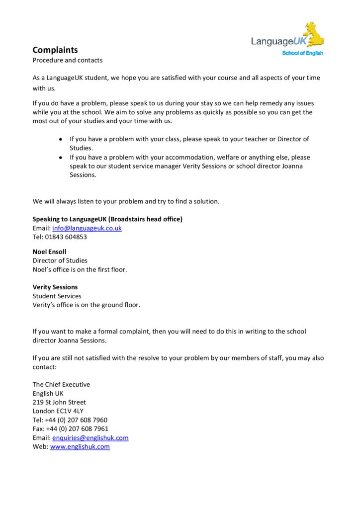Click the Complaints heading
(x=55, y=50)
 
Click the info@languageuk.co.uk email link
(x=87, y=228)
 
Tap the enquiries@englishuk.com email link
(x=90, y=438)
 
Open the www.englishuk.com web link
(x=80, y=447)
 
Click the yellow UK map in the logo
(x=314, y=34)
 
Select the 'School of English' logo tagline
(x=302, y=53)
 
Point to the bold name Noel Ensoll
(x=49, y=252)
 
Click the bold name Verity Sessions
(x=55, y=287)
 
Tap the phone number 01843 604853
(x=66, y=237)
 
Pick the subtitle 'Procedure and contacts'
(x=68, y=60)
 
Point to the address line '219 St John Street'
(x=59, y=402)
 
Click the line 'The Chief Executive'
(x=61, y=384)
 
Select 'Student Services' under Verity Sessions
(x=57, y=296)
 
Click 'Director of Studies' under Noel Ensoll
(x=60, y=260)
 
